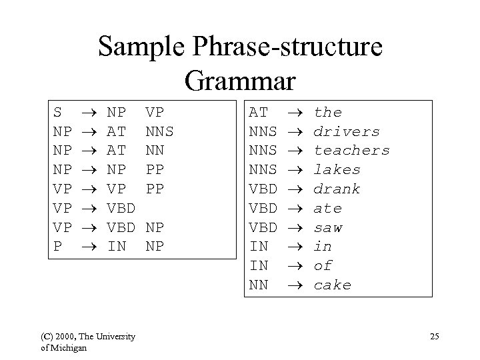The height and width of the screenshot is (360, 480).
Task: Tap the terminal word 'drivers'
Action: [x=347, y=131]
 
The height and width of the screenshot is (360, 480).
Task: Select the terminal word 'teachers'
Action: [x=351, y=151]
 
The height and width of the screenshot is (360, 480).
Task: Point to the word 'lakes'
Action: [x=337, y=169]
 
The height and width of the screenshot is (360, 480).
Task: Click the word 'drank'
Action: [x=337, y=189]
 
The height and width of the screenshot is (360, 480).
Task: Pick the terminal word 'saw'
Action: [x=328, y=227]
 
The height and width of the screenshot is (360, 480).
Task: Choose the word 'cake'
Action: [x=333, y=285]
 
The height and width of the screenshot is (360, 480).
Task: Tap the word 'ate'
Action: [x=328, y=208]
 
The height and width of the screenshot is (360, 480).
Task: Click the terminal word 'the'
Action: [x=328, y=112]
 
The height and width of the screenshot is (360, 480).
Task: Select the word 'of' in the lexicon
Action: [x=323, y=266]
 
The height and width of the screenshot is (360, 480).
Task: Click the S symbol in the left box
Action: [x=57, y=112]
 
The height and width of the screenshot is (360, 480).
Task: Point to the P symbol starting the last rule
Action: [x=57, y=247]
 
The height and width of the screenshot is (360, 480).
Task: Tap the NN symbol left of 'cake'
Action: [x=258, y=285]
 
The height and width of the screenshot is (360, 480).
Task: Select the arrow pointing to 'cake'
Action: [x=297, y=285]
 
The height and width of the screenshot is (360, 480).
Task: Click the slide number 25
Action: [x=434, y=337]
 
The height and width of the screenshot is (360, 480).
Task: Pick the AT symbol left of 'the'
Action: [x=258, y=112]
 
